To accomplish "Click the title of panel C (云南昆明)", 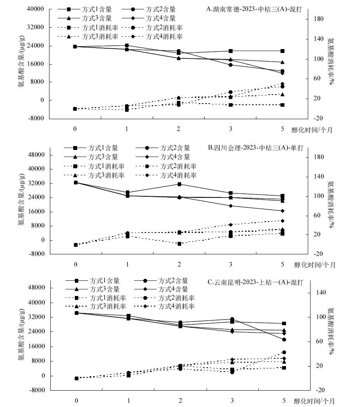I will [258, 281].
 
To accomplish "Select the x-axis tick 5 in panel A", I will [282, 129].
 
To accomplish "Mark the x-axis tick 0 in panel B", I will [76, 264].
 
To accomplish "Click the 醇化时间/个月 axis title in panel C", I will [314, 400].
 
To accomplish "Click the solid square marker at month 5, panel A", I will [282, 51].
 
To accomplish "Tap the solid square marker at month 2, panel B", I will [179, 184].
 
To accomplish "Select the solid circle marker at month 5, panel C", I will [283, 339].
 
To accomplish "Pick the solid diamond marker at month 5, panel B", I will [282, 211].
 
